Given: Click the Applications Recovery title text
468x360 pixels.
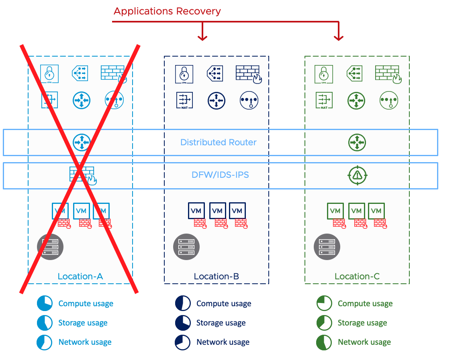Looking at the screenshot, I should point(167,11).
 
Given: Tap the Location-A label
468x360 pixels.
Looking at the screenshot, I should point(80,276).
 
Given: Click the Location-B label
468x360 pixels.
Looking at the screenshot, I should point(217,276).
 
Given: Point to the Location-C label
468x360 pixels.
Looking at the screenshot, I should point(357,276).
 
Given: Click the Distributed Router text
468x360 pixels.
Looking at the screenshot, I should point(219,142).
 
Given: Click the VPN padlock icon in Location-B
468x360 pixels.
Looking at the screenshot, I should point(184,74).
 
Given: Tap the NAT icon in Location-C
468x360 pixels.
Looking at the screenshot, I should point(324,100).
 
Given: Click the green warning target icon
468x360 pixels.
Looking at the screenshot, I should point(357,175).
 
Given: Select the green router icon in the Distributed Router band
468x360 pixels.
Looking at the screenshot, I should point(357,142).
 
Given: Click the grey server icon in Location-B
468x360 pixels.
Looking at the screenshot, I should point(186,247).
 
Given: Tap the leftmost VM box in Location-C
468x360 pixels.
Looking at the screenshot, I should point(335,211).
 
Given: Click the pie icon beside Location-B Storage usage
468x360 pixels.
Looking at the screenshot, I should point(183,323).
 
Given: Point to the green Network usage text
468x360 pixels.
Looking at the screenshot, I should point(364,342).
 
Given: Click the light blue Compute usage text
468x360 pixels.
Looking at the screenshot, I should point(86,303).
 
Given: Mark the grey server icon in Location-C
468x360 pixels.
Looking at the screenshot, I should point(327,247).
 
